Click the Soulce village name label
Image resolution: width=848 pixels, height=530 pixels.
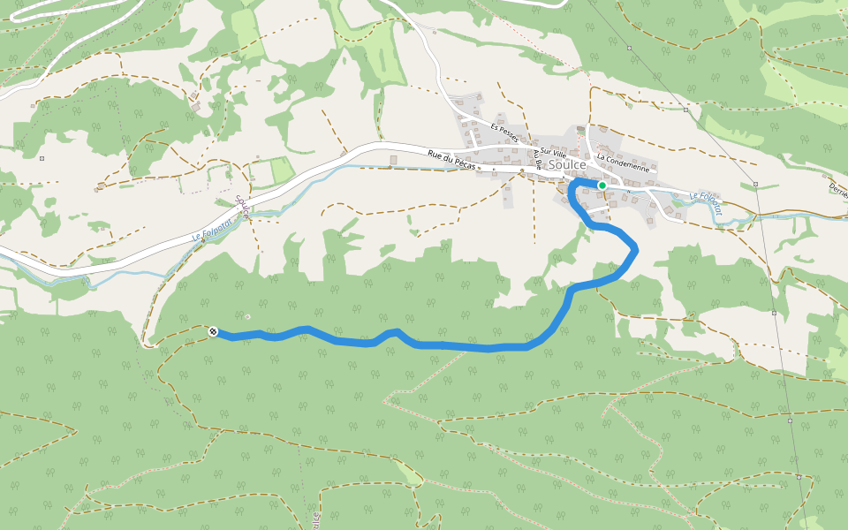568,164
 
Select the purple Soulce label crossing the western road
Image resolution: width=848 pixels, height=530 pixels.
242,208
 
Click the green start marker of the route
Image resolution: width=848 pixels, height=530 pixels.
602,185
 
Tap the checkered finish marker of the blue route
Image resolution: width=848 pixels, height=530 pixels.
214,331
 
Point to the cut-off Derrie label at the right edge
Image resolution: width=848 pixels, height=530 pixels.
837,189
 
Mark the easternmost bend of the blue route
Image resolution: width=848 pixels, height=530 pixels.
635,252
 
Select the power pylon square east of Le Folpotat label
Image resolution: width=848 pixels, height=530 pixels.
756,184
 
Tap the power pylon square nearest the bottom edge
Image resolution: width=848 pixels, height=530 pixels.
799,477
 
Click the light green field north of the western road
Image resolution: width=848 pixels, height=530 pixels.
281,170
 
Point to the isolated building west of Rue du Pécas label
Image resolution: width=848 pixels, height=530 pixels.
394,160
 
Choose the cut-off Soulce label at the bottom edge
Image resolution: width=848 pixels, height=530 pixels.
315,519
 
